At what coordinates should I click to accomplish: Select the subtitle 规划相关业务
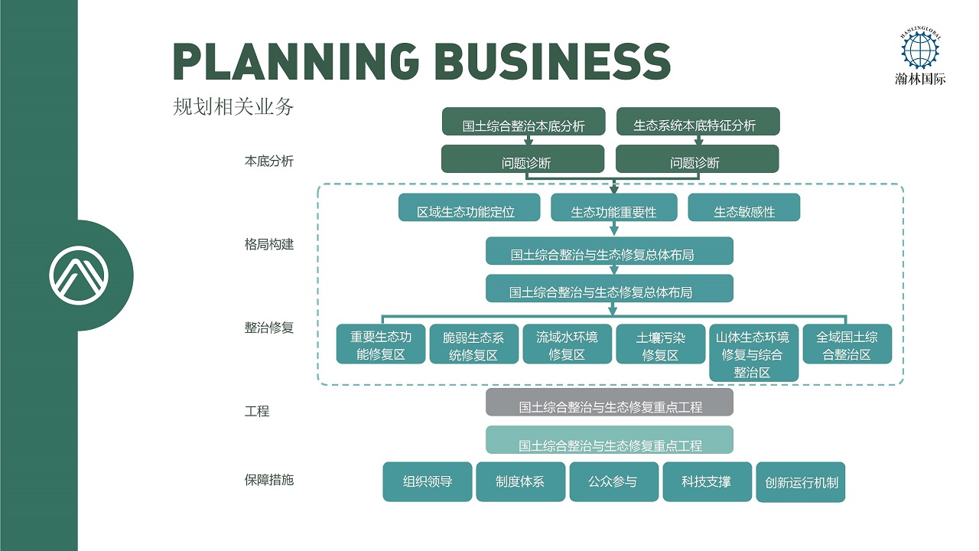233,107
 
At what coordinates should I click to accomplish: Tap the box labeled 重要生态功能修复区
381,344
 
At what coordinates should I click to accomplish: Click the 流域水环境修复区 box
567,344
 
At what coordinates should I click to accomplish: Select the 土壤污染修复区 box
660,344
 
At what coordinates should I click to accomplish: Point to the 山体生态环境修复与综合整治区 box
753,353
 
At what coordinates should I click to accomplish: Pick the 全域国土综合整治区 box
847,344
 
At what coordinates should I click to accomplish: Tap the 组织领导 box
428,482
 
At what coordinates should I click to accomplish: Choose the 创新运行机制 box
801,482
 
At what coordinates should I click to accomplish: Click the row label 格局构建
268,245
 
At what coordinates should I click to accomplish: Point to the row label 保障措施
268,481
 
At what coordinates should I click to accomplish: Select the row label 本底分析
268,161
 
